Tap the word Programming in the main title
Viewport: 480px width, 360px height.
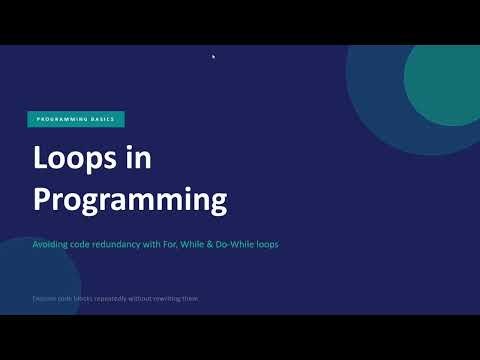point(131,198)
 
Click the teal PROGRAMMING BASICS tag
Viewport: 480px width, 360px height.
point(76,119)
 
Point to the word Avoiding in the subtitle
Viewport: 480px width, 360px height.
point(51,243)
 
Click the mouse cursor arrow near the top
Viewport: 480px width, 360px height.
point(214,56)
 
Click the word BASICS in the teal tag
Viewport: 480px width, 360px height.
point(103,119)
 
